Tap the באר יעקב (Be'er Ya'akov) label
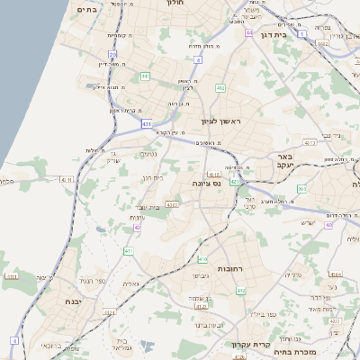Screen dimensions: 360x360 pyautogui.click(x=306, y=161)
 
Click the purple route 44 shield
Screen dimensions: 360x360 pyautogui.click(x=248, y=32)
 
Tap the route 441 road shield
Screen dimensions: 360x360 pyautogui.click(x=145, y=76)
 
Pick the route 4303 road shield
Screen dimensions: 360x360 pyautogui.click(x=172, y=205)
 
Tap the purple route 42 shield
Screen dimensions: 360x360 pyautogui.click(x=137, y=228)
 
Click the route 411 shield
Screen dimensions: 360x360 pyautogui.click(x=129, y=250)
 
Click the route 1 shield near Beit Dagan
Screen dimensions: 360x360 pyautogui.click(x=303, y=34)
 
